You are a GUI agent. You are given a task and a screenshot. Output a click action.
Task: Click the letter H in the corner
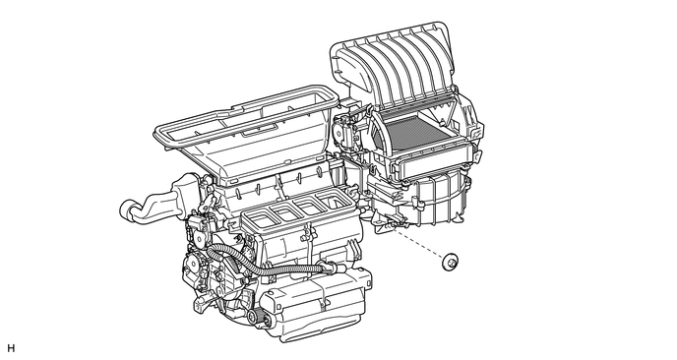[x=11, y=348]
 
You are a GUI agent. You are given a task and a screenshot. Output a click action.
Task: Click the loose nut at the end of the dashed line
[x=450, y=262]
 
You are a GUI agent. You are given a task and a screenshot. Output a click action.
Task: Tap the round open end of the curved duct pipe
[x=127, y=210]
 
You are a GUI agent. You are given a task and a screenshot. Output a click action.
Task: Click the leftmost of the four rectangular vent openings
[x=258, y=219]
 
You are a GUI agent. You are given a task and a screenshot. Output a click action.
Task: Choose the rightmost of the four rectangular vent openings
[x=333, y=201]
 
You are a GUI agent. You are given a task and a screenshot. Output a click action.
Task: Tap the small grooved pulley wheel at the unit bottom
[x=254, y=316]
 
